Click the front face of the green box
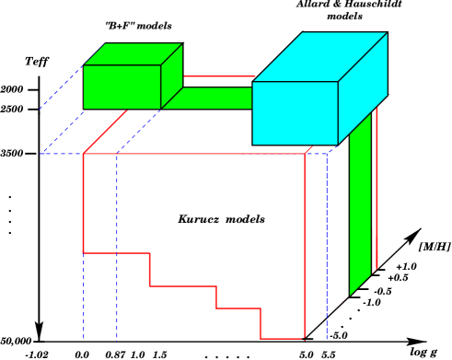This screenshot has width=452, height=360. click(122, 87)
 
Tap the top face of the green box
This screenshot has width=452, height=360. click(133, 54)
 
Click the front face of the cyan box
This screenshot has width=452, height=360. click(295, 112)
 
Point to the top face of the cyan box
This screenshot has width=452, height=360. click(319, 57)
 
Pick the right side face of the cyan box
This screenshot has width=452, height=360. click(363, 87)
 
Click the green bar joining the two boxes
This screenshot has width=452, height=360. click(216, 98)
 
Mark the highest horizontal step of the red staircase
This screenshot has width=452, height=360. click(116, 253)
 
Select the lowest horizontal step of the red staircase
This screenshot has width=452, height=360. click(282, 339)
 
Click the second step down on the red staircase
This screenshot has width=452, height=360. click(182, 286)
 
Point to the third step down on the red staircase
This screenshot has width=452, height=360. click(238, 308)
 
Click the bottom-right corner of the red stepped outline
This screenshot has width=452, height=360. click(305, 339)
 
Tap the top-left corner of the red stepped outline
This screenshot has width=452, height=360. click(83, 154)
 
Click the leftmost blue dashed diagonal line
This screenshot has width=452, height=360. click(60, 88)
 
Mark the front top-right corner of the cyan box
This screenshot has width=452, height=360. click(338, 82)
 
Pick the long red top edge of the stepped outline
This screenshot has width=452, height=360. click(193, 154)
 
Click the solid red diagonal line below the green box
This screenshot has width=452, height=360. click(105, 132)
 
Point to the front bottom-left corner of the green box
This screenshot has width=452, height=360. click(84, 109)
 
